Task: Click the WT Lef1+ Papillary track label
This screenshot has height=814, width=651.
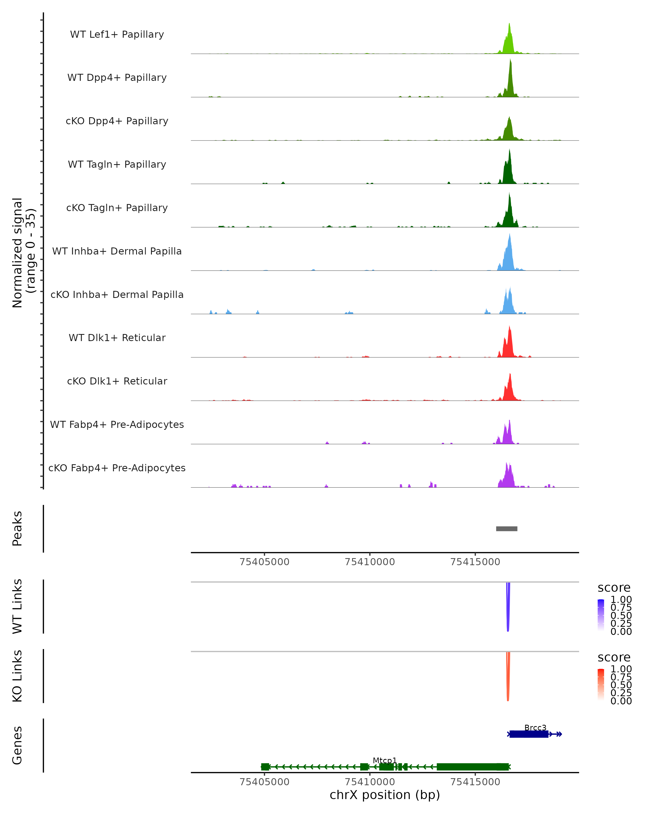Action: pos(117,34)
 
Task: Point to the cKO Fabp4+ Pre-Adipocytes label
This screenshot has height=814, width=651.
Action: pos(117,468)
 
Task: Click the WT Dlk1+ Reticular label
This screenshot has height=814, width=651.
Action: pos(117,338)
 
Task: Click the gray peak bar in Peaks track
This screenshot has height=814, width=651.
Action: pos(506,529)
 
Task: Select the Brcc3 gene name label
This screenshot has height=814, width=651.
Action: pos(535,727)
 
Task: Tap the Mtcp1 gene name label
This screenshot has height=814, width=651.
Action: pos(385,760)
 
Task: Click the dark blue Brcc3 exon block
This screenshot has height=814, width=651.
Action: pos(529,734)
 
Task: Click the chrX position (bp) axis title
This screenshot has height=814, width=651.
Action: pos(385,795)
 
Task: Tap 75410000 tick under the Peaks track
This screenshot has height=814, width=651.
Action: pos(370,562)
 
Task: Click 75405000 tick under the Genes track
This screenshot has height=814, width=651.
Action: pos(264,782)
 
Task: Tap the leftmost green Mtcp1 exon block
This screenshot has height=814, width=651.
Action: pos(265,767)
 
